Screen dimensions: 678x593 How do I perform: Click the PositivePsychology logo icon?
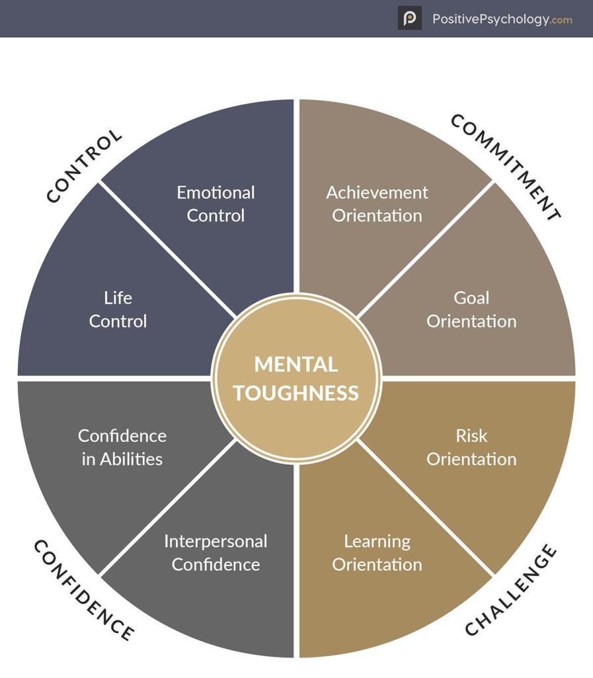coord(410,18)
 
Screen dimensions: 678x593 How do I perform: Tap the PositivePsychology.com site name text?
coord(502,19)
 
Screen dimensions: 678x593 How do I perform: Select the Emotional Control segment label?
coord(216,204)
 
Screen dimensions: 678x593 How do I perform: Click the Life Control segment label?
coord(118,309)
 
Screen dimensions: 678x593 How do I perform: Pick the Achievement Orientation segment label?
coord(377,204)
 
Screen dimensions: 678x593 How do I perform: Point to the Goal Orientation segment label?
coord(471,309)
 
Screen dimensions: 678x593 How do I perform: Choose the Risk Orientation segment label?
coord(471,447)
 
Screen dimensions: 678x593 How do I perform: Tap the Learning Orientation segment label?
coord(377,552)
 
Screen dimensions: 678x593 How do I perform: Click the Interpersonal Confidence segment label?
coord(216,552)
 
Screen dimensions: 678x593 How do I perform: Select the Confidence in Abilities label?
coord(122,447)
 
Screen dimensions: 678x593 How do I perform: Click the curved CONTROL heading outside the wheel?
coord(85,166)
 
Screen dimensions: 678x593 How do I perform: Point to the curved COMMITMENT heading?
coord(506,166)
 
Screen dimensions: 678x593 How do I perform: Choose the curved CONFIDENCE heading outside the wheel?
coord(83,590)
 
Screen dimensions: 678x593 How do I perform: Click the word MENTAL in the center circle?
coord(296,364)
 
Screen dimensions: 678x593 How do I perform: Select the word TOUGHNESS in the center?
coord(296,393)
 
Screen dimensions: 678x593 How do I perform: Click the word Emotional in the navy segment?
coord(216,193)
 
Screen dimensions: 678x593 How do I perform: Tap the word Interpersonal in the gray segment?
coord(216,541)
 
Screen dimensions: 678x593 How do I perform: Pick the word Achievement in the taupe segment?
coord(377,193)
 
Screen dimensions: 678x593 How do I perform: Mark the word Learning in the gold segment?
coord(377,541)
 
